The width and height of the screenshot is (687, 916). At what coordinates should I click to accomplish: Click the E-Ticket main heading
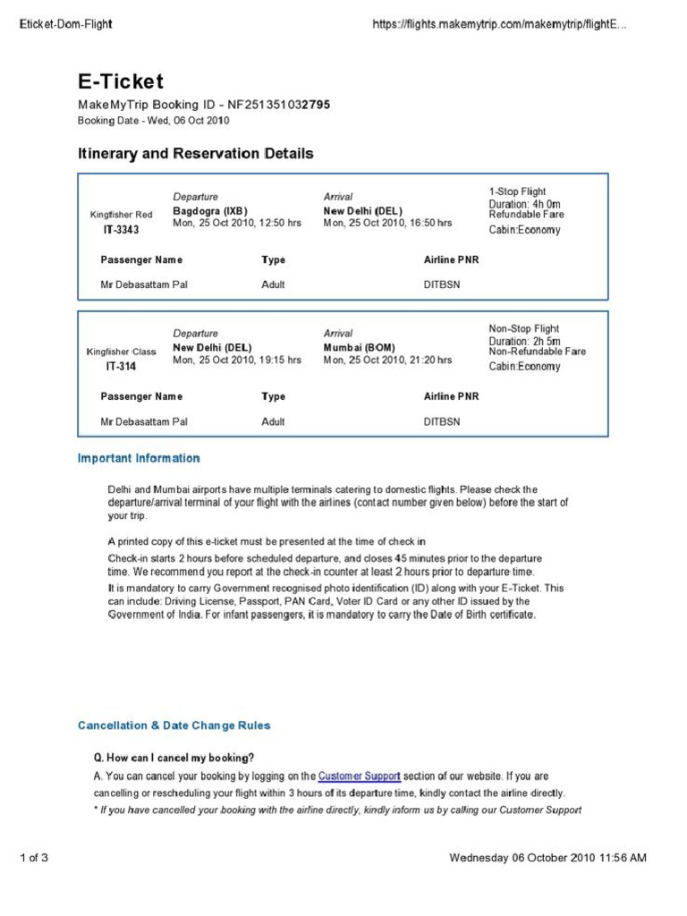tap(120, 82)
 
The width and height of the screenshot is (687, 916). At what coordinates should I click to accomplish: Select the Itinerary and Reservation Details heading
tap(195, 154)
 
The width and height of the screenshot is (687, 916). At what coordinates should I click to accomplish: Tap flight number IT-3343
tap(122, 230)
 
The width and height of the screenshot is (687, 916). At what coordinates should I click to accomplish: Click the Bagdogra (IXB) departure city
tap(209, 211)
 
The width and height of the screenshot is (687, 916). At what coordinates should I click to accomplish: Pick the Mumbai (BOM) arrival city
tap(359, 347)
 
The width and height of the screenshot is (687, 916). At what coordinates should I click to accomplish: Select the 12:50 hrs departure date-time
tap(237, 223)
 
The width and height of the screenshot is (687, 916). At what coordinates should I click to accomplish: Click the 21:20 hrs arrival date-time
tap(387, 360)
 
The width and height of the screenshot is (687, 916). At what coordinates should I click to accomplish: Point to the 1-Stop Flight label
tap(517, 191)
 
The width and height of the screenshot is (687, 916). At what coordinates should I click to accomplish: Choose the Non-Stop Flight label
tap(523, 328)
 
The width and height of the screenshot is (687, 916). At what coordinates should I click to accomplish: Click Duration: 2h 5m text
tap(524, 341)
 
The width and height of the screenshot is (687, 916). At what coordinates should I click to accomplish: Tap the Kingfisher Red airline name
tap(122, 215)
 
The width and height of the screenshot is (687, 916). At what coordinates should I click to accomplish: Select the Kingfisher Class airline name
tap(121, 352)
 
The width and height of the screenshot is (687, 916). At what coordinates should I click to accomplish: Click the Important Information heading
tap(139, 458)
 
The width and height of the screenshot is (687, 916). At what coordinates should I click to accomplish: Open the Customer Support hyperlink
tap(359, 776)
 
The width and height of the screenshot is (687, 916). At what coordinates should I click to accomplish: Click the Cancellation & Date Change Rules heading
tap(174, 725)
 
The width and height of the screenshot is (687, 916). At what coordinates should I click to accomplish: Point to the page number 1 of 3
tap(33, 859)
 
